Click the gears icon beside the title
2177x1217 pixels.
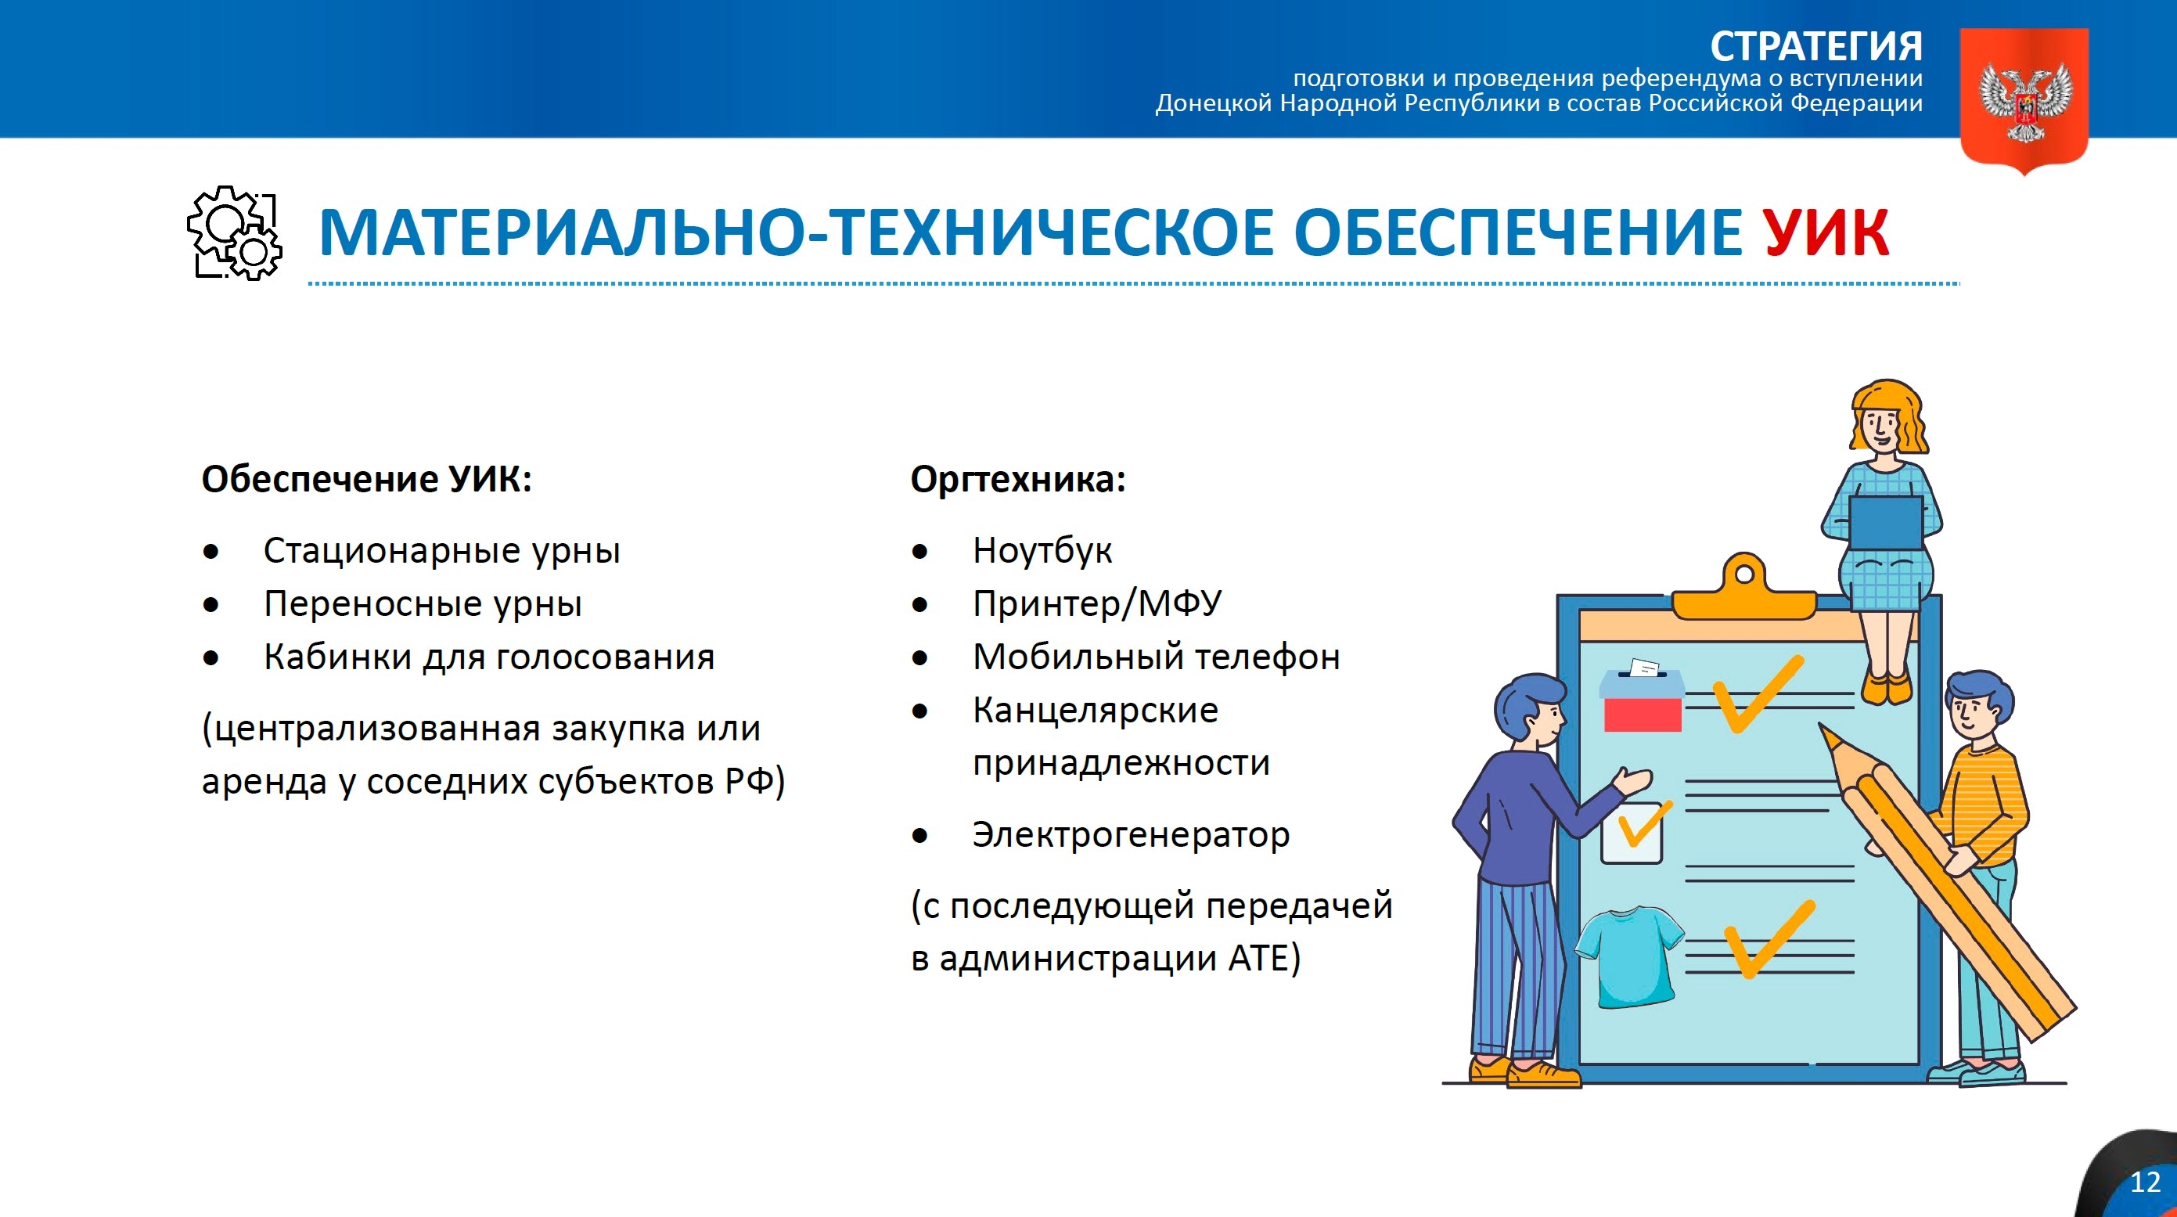[x=235, y=233]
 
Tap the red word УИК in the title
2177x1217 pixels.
[x=1826, y=233]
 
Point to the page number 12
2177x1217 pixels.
[x=2145, y=1182]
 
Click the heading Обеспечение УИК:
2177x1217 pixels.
[x=367, y=479]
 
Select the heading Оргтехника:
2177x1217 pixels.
[x=1017, y=479]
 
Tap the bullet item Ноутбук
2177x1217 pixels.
[x=1042, y=550]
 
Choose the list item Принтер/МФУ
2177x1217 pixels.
[x=1096, y=603]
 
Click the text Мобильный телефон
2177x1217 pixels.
[x=1155, y=657]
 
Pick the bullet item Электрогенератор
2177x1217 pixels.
[x=1130, y=835]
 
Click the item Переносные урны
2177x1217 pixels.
[x=423, y=603]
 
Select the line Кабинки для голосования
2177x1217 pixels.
[x=488, y=657]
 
